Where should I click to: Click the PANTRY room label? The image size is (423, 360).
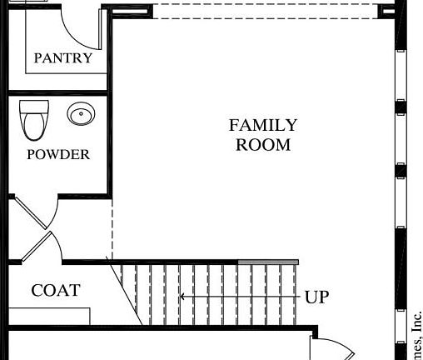tap(63, 58)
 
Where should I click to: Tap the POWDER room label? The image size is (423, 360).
tap(58, 154)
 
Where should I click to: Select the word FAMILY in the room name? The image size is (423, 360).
tap(263, 125)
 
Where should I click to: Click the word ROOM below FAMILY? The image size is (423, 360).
tap(263, 144)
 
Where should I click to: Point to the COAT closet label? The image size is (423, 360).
tap(56, 290)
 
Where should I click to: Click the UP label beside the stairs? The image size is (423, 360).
tap(316, 297)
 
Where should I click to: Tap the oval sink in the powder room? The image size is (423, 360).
tap(81, 114)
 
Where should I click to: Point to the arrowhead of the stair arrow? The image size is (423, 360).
tap(183, 296)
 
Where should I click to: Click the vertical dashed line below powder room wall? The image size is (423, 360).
tap(111, 229)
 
